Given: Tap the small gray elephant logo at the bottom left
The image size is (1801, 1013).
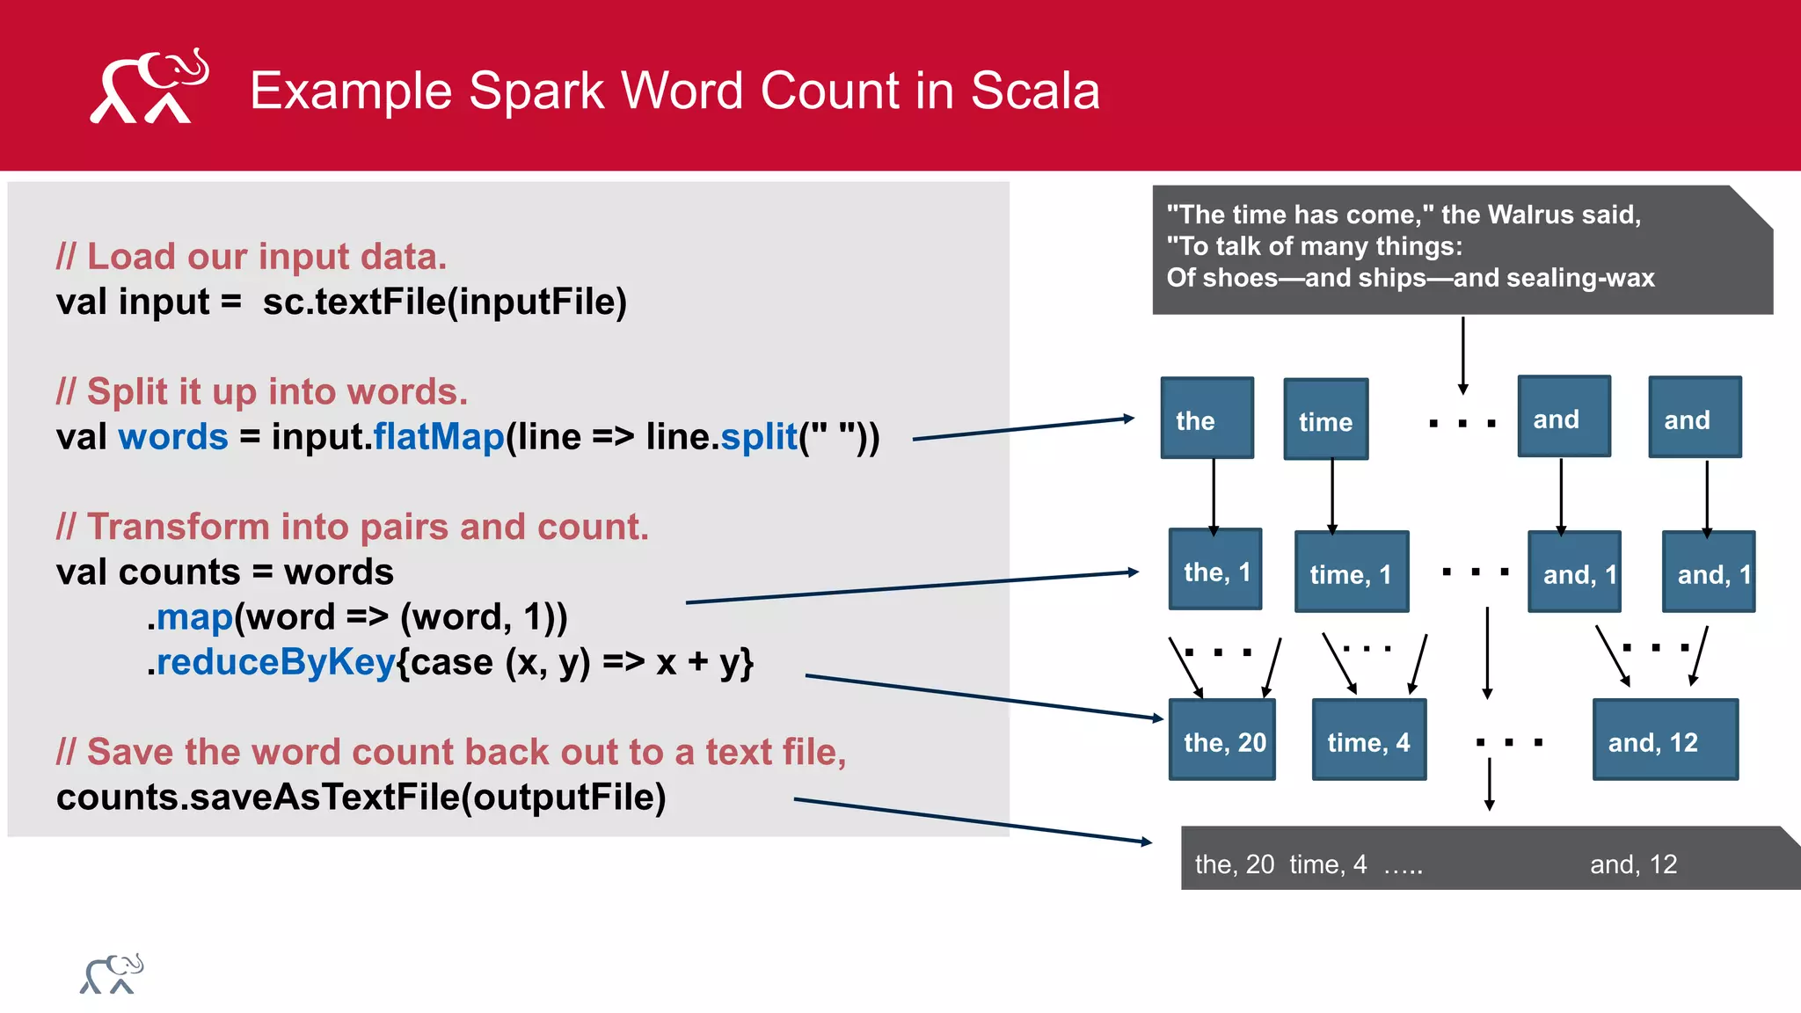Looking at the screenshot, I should tap(112, 974).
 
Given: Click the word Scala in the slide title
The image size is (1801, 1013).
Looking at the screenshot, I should tap(1035, 91).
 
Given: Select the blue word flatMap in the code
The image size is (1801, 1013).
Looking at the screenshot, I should tap(439, 437).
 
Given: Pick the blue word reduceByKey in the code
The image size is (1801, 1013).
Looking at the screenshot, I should tap(275, 662).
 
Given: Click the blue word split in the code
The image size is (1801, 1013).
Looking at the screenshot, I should tap(758, 437).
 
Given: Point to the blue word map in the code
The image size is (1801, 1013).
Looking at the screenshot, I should tap(194, 617).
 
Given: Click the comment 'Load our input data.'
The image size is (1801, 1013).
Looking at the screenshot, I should tap(252, 257).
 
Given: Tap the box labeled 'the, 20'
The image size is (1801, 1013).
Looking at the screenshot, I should tap(1222, 740).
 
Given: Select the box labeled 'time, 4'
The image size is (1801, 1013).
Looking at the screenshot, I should tap(1368, 740).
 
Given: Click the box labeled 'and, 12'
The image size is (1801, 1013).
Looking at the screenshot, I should tap(1665, 740).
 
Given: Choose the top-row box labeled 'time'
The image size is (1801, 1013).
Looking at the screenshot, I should tap(1325, 419).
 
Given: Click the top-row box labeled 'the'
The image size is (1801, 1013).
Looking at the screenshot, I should tap(1207, 419).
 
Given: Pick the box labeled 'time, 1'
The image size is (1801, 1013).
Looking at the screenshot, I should tap(1352, 572).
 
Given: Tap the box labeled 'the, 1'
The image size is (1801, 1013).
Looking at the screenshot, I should tap(1215, 570).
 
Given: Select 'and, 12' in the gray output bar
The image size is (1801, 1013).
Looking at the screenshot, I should tap(1633, 864).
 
